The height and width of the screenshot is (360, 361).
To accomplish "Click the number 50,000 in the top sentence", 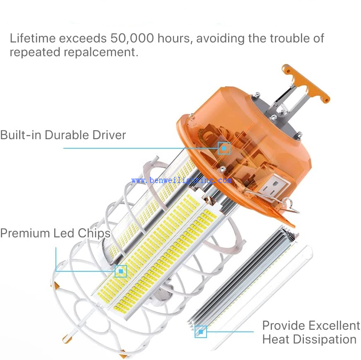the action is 132,38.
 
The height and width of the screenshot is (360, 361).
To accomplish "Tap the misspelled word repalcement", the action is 101,53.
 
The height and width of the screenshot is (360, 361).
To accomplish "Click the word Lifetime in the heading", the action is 33,38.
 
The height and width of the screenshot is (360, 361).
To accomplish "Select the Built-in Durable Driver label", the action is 63,135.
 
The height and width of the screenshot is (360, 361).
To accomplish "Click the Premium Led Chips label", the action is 55,233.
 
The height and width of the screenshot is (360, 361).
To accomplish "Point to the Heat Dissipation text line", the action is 309,339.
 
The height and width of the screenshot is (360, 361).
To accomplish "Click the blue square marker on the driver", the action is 224,148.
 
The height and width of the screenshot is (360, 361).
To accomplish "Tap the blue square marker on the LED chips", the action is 121,271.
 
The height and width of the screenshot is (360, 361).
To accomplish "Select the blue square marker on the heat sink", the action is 200,332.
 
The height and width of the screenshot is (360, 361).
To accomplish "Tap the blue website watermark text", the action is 181,180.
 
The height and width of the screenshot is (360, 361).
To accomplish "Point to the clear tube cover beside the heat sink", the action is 262,297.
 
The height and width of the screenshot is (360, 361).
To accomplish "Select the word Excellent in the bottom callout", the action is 334,326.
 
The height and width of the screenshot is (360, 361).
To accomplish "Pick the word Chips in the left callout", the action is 94,234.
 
